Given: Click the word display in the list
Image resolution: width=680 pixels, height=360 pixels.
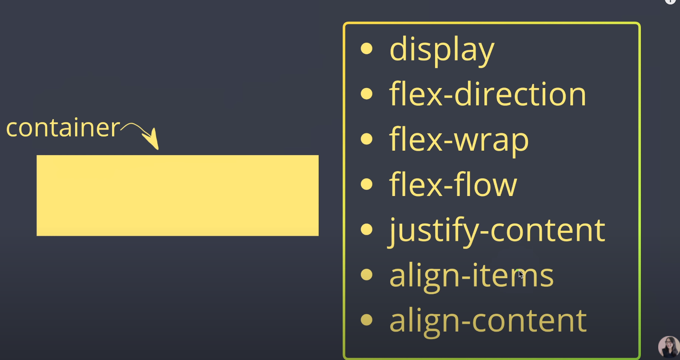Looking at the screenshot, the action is pyautogui.click(x=442, y=50).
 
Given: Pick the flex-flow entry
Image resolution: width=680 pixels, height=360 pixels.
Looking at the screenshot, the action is pyautogui.click(x=453, y=184).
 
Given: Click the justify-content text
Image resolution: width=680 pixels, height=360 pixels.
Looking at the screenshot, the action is pyautogui.click(x=497, y=230).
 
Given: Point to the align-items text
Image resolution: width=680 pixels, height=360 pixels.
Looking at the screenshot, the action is pyautogui.click(x=471, y=276).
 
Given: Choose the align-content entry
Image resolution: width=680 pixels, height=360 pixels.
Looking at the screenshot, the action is pyautogui.click(x=488, y=320).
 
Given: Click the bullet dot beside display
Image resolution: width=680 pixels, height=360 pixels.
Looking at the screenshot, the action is pyautogui.click(x=367, y=48).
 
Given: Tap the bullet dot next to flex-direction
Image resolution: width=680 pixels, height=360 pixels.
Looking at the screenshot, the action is pyautogui.click(x=367, y=94).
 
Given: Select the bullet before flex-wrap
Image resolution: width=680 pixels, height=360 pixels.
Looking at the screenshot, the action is pyautogui.click(x=367, y=139).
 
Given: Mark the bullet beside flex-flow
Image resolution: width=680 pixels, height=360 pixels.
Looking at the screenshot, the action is pyautogui.click(x=367, y=184).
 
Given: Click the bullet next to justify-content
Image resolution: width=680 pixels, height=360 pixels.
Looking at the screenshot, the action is pyautogui.click(x=367, y=229).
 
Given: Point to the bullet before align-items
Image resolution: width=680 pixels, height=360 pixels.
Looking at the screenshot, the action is pyautogui.click(x=367, y=275).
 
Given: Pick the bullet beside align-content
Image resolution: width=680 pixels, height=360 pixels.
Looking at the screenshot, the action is pyautogui.click(x=367, y=320).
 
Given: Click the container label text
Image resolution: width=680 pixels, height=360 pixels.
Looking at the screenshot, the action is pyautogui.click(x=63, y=128).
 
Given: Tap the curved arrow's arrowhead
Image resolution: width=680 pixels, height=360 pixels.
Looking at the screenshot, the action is pyautogui.click(x=153, y=141).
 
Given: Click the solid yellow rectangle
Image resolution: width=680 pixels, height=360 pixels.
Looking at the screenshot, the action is pyautogui.click(x=177, y=195).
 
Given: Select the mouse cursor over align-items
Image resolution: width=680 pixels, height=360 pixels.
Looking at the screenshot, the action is pyautogui.click(x=521, y=274).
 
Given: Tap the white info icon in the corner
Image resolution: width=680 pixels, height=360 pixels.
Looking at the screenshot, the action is pyautogui.click(x=670, y=1).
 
